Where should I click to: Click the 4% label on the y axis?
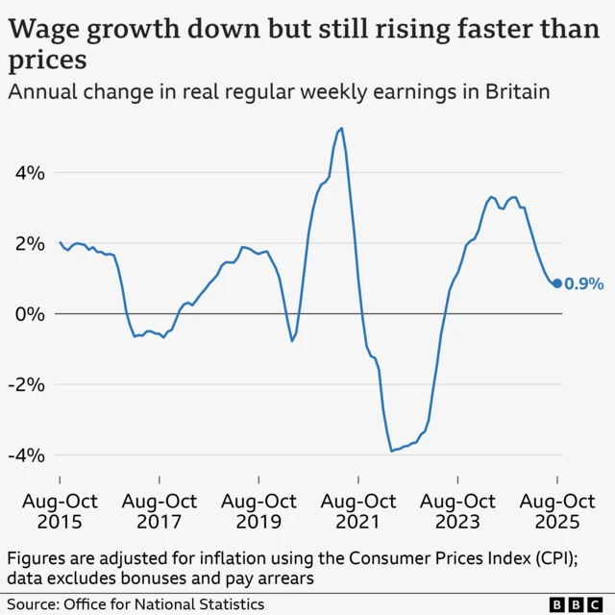29,174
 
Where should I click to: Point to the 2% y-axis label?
29,244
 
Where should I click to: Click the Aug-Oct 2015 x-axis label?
60,511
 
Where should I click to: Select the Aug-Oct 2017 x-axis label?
160,511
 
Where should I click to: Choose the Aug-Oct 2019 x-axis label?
258,511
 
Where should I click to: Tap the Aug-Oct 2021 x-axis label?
358,511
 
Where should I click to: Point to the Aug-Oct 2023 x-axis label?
458,511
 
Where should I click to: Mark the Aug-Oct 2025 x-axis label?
557,511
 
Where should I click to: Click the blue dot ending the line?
557,283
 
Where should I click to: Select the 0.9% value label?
584,283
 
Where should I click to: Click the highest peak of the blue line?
342,128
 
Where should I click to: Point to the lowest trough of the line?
391,451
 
